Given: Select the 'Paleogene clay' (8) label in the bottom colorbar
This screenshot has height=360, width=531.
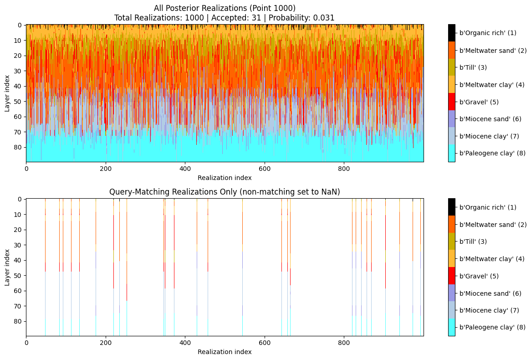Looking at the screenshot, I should click(492, 327).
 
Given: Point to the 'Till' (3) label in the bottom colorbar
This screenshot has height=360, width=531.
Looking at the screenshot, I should click(473, 242).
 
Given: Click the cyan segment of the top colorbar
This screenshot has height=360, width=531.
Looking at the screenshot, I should click(451, 154).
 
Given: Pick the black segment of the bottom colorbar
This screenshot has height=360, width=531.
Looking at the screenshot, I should click(451, 207).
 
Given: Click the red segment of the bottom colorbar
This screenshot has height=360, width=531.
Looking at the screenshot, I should click(451, 276).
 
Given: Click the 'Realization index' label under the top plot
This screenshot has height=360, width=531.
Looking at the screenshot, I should click(225, 178).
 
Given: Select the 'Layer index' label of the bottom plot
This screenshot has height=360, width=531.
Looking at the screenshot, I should click(7, 267).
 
